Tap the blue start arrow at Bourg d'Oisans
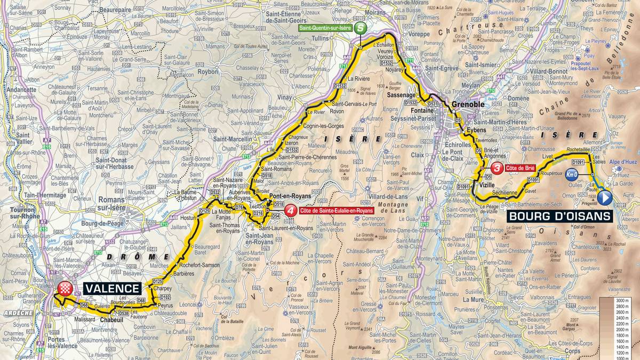(604, 198)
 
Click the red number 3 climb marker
(498, 168)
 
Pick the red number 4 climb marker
(290, 211)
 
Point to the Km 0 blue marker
(572, 174)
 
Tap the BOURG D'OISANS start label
(558, 217)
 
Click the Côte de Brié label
(522, 168)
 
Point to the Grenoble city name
(467, 105)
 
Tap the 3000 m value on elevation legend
(621, 301)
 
